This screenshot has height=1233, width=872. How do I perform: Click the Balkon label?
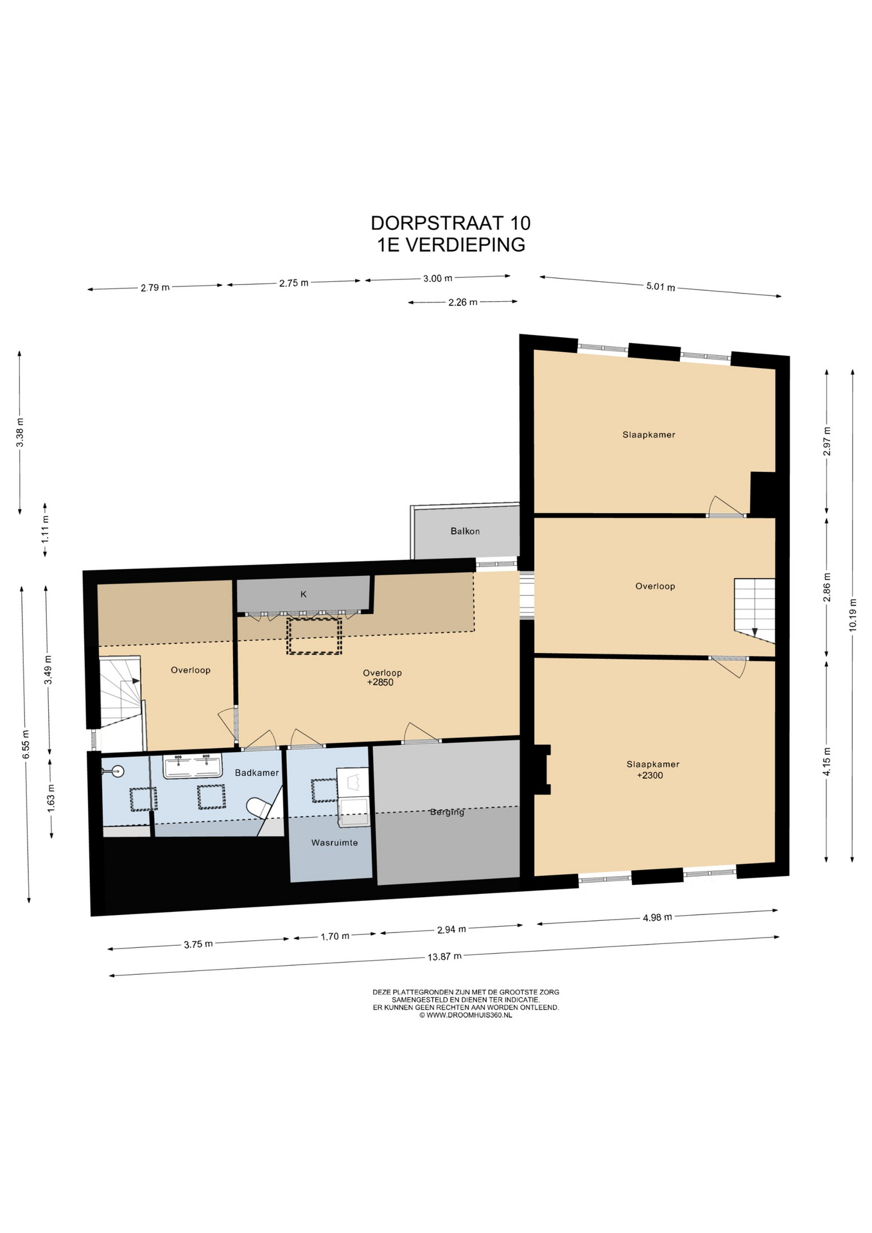pos(465,531)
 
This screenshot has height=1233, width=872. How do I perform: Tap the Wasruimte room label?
pos(335,843)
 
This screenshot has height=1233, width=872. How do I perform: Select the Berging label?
pos(447,812)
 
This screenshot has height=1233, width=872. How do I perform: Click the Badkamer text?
pos(257,773)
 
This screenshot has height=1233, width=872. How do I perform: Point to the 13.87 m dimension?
pos(444,956)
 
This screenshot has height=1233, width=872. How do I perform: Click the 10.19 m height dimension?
pos(853,615)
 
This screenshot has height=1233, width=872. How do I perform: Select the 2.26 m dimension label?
pos(463,302)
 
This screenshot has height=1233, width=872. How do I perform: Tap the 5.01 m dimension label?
pos(661,286)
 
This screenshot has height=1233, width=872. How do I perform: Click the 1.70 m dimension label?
pos(335,936)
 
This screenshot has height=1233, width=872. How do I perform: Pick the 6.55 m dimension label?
pos(26,745)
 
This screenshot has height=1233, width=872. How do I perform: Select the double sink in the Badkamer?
pos(193,766)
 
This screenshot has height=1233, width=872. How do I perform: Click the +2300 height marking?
pos(650,775)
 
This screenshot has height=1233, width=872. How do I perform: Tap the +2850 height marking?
pos(380,682)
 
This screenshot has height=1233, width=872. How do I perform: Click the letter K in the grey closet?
pos(304,594)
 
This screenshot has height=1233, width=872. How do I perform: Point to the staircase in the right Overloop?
pos(754,610)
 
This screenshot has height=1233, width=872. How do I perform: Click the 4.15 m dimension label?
pos(827,762)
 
